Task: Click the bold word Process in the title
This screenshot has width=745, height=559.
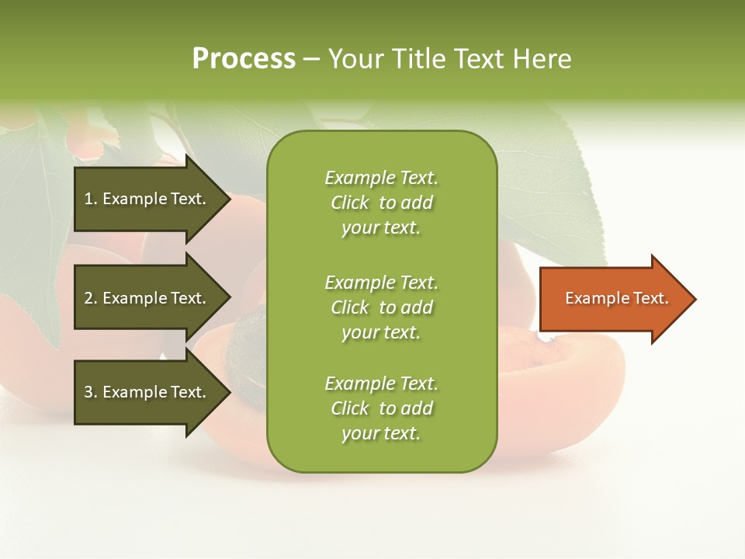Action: coord(244,59)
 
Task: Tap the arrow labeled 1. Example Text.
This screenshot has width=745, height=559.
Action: coord(147,199)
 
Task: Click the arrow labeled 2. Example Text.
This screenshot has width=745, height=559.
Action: coord(147,298)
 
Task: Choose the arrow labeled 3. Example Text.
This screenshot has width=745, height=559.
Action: coord(147,392)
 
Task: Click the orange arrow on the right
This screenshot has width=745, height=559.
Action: coord(613,299)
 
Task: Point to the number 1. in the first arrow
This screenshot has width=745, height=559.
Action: coord(91,199)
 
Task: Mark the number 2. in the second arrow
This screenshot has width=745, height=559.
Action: coord(91,298)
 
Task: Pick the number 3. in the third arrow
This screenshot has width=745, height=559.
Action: coord(91,392)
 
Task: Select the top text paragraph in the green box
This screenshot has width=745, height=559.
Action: coord(381,203)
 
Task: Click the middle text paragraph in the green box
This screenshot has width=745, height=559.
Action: coord(381,307)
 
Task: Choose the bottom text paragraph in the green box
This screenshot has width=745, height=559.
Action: coord(381,408)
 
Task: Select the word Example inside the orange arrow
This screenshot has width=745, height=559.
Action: coord(591,298)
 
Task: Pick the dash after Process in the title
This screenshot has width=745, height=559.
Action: coord(311,59)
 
